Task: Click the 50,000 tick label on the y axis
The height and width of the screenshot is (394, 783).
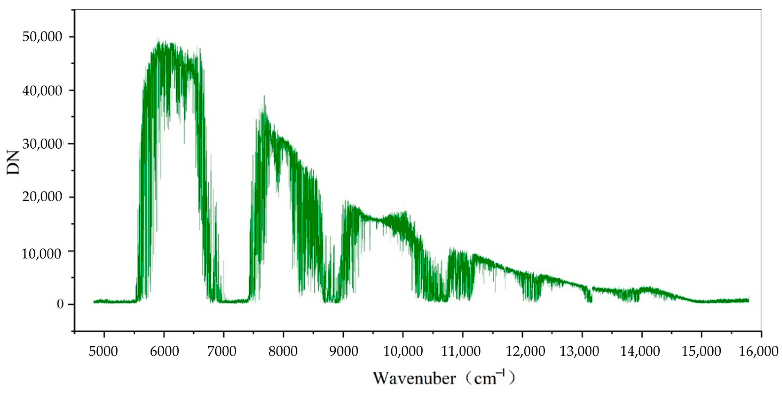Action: click(42, 37)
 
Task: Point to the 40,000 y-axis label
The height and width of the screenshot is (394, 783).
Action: click(42, 90)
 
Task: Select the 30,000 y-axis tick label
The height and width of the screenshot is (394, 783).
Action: click(42, 144)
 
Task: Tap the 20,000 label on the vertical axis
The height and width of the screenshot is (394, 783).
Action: click(42, 197)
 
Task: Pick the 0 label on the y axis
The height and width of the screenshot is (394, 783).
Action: click(60, 304)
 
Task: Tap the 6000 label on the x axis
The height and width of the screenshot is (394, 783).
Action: click(164, 352)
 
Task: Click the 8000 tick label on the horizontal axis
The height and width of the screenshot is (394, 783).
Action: click(283, 352)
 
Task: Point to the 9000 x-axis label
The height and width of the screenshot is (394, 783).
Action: click(343, 352)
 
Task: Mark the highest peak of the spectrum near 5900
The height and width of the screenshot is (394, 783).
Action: click(157, 39)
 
